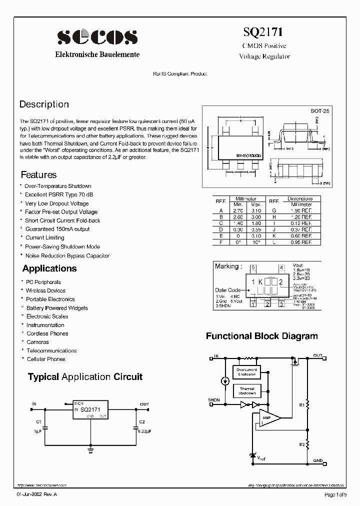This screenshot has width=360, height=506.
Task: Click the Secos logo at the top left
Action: click(x=97, y=37)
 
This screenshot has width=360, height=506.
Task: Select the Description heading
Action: click(x=44, y=104)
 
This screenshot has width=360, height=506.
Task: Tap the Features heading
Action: click(x=38, y=175)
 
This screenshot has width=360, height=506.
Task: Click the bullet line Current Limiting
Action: click(x=45, y=238)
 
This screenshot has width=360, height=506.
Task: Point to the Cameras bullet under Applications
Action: click(x=37, y=342)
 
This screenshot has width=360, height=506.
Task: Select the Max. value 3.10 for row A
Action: click(x=256, y=211)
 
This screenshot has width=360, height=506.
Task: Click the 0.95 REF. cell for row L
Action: click(x=300, y=242)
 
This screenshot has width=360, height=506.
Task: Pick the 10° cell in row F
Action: click(x=256, y=242)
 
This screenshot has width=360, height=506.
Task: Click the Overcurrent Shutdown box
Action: click(x=246, y=372)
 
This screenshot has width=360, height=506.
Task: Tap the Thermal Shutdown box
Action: click(x=246, y=391)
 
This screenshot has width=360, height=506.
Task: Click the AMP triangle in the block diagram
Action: click(x=268, y=418)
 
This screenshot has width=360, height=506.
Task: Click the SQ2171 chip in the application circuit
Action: click(x=90, y=410)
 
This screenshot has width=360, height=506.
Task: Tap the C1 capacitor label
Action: click(x=38, y=421)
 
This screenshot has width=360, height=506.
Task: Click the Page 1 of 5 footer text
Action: click(x=334, y=495)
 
